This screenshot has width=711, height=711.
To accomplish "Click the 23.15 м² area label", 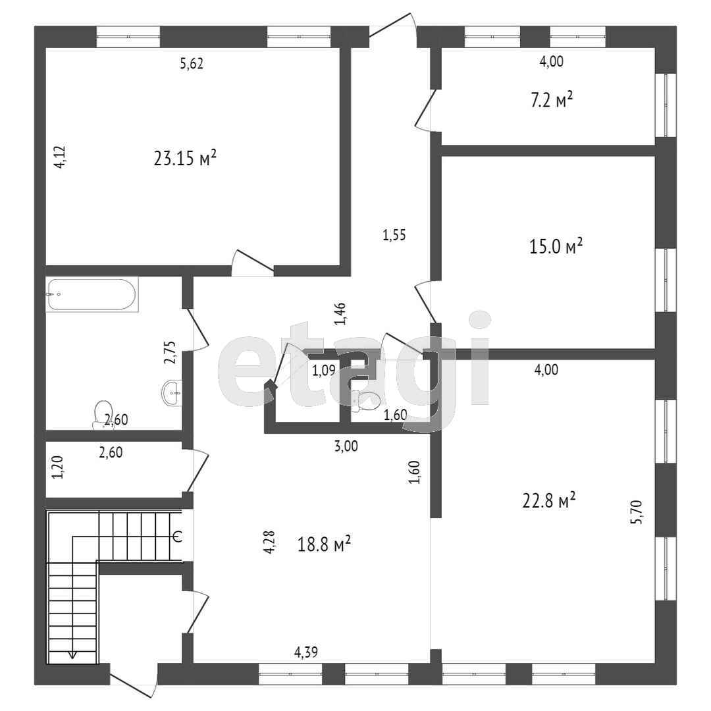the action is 185,158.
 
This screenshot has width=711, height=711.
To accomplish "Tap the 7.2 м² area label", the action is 552,100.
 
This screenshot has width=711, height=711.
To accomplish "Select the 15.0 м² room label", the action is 556,246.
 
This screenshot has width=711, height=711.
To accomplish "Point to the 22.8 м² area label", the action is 549,501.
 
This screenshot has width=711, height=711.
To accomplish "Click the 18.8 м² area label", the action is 324,543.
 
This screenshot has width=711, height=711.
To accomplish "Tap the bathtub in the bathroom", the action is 92,294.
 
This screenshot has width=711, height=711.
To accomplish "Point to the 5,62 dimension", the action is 192,63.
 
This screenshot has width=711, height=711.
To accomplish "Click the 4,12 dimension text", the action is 60,157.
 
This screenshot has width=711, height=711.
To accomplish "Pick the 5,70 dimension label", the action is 636,512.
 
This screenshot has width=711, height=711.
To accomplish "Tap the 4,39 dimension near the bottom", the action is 306,652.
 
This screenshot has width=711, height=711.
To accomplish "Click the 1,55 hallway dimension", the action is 394,235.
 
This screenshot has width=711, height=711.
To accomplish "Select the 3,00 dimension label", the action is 346,446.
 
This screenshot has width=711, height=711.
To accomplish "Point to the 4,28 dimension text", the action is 269,542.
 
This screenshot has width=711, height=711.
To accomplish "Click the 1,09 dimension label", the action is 324,371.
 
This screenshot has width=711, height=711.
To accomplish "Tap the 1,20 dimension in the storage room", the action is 57,467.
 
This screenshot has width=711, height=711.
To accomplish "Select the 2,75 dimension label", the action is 170,352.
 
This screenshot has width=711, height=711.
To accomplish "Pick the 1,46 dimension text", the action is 340,314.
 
